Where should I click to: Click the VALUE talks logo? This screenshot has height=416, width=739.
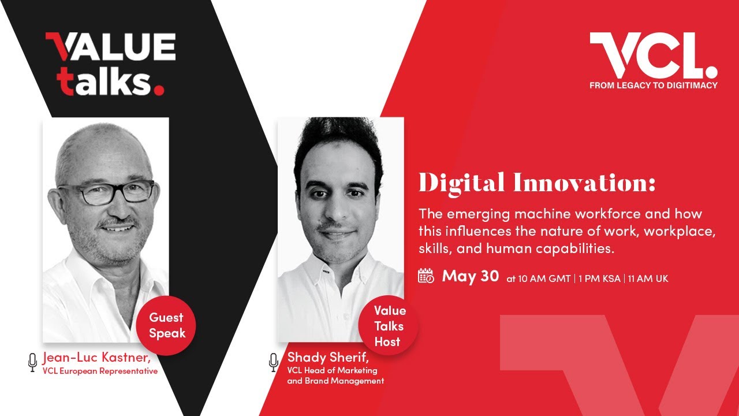coord(110,64)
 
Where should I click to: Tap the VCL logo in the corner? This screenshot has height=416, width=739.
coord(653,55)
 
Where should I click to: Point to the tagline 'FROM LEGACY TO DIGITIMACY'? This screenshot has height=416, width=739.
coord(653,86)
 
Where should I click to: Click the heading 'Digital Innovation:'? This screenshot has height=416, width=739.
coord(537,184)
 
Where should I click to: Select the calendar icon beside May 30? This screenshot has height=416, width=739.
coord(426,276)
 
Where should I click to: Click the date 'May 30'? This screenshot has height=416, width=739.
coord(470,276)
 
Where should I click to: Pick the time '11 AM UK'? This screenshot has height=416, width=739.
coord(648,278)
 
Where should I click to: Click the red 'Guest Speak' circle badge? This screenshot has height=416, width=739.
coord(166,325)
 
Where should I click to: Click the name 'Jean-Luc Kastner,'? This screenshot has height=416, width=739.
coord(97,358)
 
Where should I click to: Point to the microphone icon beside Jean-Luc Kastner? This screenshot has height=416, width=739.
coord(32,362)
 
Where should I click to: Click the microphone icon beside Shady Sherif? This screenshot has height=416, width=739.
coord(274,362)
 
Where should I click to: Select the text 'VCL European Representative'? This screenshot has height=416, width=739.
coord(100,372)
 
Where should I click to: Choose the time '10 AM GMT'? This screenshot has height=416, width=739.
coord(539,278)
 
